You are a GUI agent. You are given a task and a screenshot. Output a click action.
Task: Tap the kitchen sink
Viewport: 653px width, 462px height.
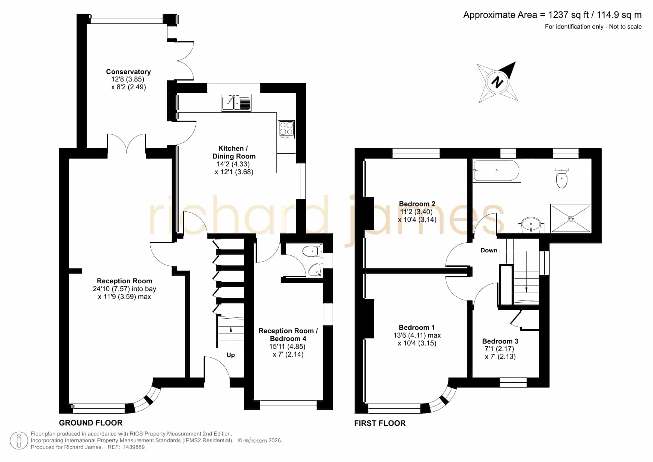237,102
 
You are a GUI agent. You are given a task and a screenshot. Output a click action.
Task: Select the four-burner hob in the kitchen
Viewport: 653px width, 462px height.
286,130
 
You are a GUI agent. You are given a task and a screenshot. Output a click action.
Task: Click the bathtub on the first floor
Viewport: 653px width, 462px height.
497,171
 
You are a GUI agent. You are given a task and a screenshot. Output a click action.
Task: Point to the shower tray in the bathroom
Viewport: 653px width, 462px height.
570,219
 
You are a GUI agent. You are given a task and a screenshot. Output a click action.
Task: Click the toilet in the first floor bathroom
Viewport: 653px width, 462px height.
561,178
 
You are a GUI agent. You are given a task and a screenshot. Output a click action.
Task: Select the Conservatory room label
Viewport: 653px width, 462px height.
128,72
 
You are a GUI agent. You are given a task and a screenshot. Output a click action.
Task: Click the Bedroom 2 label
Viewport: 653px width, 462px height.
417,204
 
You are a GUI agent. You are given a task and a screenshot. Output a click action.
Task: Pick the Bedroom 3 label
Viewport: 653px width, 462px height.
500,341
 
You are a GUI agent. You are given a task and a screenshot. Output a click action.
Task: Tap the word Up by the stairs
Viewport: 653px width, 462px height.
231,355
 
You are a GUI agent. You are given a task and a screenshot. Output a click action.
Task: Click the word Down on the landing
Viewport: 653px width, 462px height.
489,250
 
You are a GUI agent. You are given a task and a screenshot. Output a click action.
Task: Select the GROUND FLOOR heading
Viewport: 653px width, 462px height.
91,423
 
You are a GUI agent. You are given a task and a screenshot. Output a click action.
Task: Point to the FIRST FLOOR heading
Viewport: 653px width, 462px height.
380,423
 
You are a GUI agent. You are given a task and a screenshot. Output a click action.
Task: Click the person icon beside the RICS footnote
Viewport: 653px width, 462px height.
19,441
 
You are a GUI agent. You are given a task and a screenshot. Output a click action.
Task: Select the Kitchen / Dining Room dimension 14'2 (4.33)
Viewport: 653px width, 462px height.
233,164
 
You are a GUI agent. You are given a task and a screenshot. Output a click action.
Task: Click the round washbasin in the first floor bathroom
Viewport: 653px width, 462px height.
531,225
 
